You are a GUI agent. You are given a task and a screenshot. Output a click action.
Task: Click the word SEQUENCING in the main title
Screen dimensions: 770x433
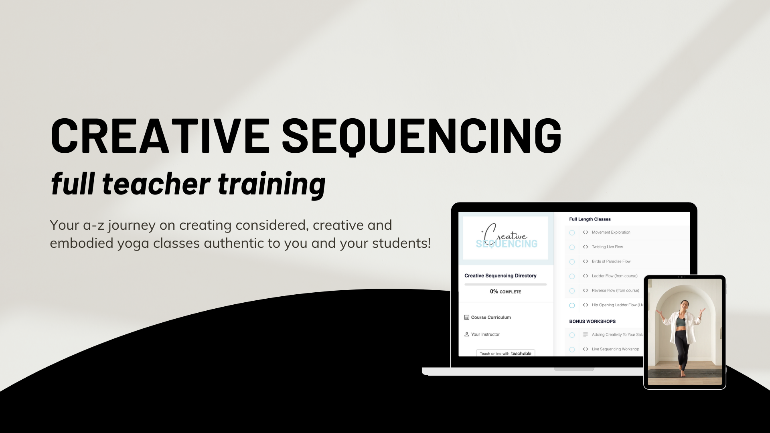(421, 136)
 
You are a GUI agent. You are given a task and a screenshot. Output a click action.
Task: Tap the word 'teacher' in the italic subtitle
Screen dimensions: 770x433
(156, 184)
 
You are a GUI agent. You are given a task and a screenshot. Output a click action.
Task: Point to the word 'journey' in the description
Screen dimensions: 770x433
(132, 225)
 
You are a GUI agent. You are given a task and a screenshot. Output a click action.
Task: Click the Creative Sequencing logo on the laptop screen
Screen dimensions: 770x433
(506, 238)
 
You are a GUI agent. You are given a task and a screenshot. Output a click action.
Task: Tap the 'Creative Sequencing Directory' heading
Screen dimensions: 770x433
(500, 275)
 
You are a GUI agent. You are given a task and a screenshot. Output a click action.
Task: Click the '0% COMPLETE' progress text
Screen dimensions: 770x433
(505, 291)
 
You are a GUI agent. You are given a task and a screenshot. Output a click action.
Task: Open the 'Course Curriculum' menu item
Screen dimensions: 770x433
(488, 317)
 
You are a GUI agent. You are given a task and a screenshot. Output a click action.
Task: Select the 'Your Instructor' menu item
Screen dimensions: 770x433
(482, 334)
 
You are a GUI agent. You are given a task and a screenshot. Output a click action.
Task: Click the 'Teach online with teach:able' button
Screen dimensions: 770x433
(505, 353)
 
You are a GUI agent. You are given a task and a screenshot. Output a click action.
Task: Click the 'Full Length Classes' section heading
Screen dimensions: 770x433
(590, 219)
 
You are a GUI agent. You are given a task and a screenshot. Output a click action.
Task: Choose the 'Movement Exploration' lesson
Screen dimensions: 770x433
(611, 233)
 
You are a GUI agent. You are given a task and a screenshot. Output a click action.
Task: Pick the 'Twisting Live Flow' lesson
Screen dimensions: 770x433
(607, 247)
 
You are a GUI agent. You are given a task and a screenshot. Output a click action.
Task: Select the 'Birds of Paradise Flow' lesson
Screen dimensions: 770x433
(611, 261)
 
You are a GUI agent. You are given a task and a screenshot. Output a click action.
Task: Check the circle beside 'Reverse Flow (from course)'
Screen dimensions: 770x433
(572, 291)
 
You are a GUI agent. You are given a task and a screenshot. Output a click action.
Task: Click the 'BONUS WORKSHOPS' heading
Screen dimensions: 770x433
(592, 322)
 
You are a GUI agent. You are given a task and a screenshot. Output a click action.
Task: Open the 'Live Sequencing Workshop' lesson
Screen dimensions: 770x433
(615, 349)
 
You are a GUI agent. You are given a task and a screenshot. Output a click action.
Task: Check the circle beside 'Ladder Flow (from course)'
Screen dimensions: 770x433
(572, 276)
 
